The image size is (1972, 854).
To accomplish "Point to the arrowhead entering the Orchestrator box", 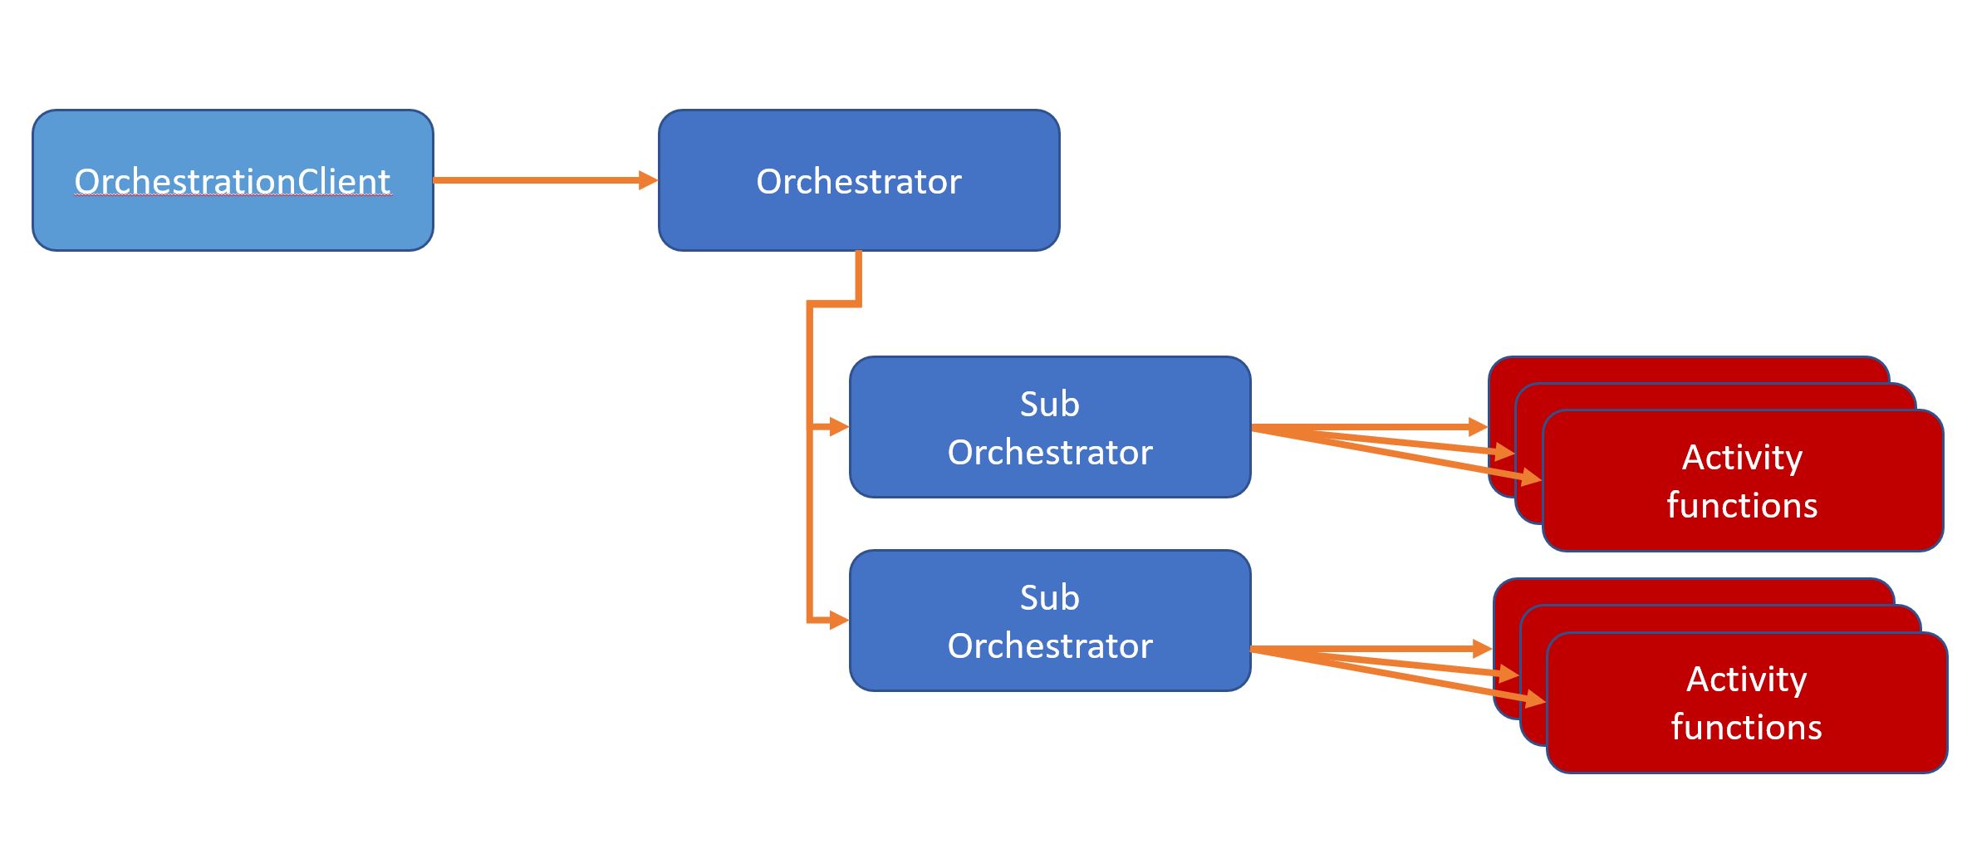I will tap(648, 179).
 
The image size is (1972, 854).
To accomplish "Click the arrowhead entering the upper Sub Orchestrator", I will tap(838, 427).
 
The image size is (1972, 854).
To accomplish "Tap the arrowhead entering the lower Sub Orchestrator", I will tap(838, 621).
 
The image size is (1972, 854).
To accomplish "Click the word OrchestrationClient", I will tap(233, 181).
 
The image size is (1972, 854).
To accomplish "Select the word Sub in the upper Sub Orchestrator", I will tap(1049, 405).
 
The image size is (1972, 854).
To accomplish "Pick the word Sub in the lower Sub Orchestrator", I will tap(1049, 598).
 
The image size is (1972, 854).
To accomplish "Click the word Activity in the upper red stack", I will tap(1742, 457).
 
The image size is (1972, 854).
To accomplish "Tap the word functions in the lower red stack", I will tap(1746, 728).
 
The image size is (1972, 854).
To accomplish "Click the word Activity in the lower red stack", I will tap(1746, 680).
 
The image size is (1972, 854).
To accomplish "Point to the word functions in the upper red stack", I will tap(1742, 506).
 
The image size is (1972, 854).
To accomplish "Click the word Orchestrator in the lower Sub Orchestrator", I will tap(1050, 646).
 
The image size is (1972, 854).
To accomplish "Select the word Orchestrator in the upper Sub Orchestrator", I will tap(1050, 453).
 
